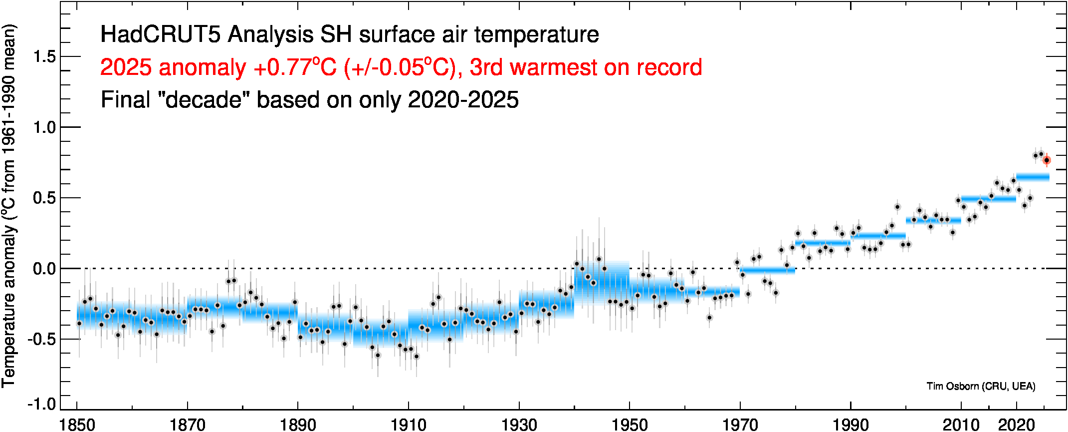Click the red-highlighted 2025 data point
coord(1047,160)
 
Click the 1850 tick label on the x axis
coord(77,425)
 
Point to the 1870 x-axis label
coord(188,425)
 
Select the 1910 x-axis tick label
coord(408,425)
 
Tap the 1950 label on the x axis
coord(630,425)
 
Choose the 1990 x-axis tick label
coord(851,425)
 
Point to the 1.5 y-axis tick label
coord(44,57)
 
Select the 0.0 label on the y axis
coord(44,269)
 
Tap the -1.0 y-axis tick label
coord(42,404)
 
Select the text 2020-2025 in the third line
coord(463,100)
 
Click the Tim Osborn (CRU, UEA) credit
coord(981,386)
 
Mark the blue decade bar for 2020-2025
coord(1033,177)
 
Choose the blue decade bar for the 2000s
coord(933,220)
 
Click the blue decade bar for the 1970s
coord(767,271)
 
